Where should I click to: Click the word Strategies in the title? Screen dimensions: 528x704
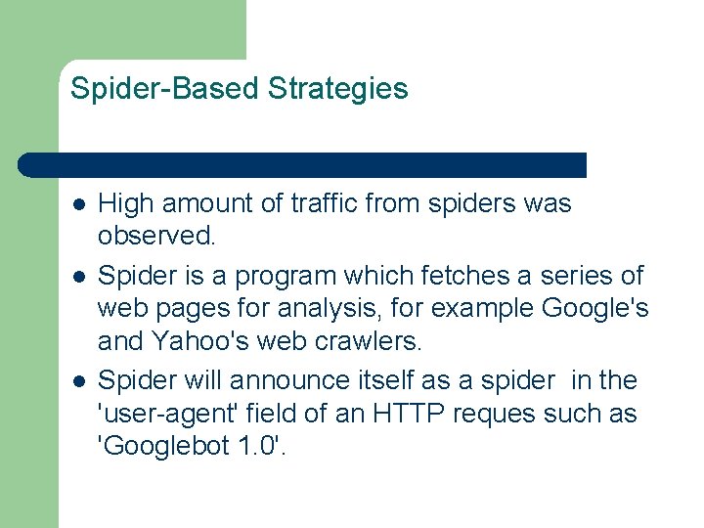tap(338, 90)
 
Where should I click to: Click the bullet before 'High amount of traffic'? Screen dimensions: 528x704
tap(77, 205)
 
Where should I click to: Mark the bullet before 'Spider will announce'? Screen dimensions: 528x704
tap(77, 381)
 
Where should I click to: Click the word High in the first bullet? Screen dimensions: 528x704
tap(126, 204)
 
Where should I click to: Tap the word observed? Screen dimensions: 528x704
tap(154, 236)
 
